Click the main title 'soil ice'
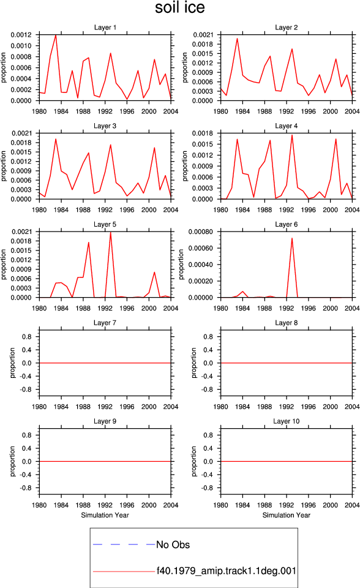(x=180, y=8)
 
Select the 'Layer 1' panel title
(x=105, y=28)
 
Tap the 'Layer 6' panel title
(x=287, y=224)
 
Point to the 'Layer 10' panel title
(x=287, y=421)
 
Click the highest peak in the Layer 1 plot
(x=56, y=35)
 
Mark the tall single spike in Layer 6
(x=292, y=238)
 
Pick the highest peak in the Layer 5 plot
(x=110, y=232)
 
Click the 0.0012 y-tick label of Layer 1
(x=21, y=35)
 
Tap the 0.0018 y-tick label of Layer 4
(x=203, y=134)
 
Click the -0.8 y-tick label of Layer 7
(x=26, y=390)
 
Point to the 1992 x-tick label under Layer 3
(x=105, y=209)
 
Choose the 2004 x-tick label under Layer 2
(x=352, y=111)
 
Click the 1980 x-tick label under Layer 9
(x=39, y=505)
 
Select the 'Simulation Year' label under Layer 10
(x=287, y=515)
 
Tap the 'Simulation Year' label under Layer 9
(x=105, y=515)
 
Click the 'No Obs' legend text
(x=173, y=545)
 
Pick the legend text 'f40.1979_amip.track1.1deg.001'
(x=227, y=571)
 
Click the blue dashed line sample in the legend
(x=124, y=544)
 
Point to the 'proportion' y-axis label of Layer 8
(x=194, y=363)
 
